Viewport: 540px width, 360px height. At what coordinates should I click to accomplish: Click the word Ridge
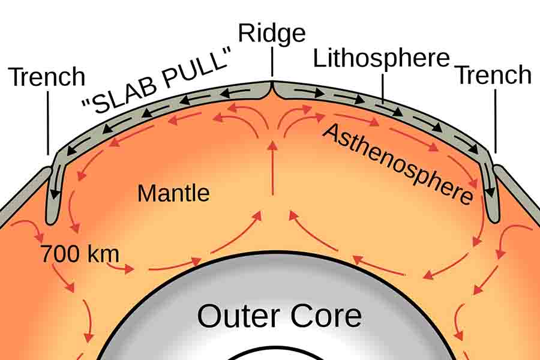click(272, 34)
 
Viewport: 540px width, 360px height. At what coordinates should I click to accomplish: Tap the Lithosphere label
click(381, 58)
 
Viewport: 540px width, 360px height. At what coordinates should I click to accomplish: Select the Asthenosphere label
click(398, 164)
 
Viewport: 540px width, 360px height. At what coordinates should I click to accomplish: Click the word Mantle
click(173, 193)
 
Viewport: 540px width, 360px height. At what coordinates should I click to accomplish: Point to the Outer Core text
click(279, 316)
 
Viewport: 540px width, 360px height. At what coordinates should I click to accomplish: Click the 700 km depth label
click(80, 254)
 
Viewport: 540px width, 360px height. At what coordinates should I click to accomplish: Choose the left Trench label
click(46, 77)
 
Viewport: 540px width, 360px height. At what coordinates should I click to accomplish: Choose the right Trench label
click(494, 75)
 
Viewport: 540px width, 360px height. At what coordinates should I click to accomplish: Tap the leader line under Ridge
click(272, 62)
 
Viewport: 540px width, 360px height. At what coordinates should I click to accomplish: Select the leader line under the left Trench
click(48, 123)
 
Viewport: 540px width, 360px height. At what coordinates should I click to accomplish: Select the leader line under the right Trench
click(496, 121)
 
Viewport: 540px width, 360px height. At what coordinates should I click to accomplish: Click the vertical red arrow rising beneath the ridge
click(273, 168)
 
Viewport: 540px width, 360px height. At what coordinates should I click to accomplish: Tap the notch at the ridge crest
click(272, 90)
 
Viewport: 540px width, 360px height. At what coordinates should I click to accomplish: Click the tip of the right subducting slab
click(494, 220)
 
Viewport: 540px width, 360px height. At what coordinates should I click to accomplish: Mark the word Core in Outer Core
click(326, 316)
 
